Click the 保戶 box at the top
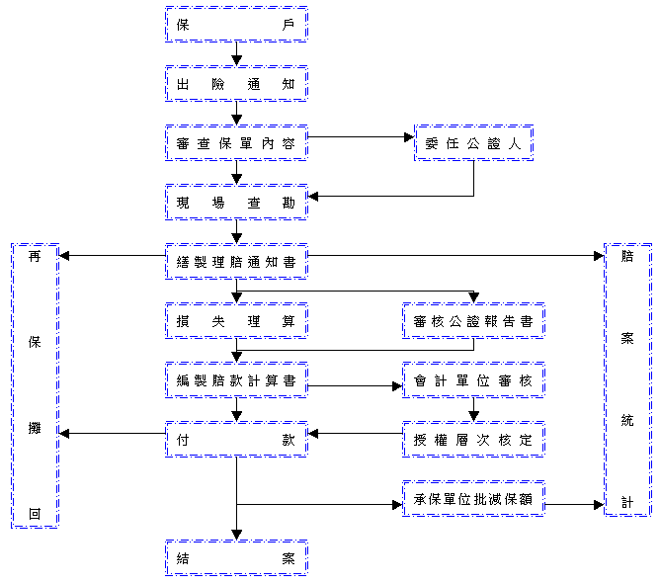[x=236, y=25]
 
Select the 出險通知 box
[x=236, y=84]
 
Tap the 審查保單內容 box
[x=236, y=143]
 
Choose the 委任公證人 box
[x=473, y=143]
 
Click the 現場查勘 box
[x=236, y=203]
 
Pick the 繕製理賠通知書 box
[x=236, y=262]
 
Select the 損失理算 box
[x=236, y=321]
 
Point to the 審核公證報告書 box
[x=473, y=321]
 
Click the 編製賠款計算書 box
[x=236, y=380]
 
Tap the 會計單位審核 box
[x=473, y=380]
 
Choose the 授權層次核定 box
[x=473, y=440]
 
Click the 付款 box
[x=236, y=440]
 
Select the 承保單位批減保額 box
[x=473, y=499]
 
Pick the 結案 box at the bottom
[x=236, y=558]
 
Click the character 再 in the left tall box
[x=35, y=257]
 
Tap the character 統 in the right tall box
[x=627, y=421]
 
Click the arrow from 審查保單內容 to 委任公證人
[x=361, y=137]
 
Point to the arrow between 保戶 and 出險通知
[x=236, y=54]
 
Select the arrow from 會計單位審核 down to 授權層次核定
[x=473, y=410]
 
